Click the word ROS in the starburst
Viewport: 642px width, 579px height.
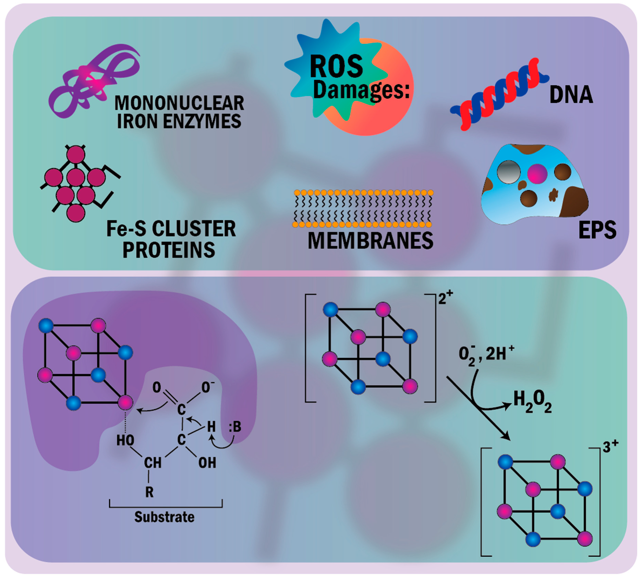[x=336, y=67]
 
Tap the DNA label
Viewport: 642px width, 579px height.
[x=571, y=95]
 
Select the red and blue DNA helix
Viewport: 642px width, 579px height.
[x=499, y=94]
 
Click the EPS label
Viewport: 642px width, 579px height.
[x=597, y=230]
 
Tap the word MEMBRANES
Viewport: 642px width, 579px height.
[x=370, y=241]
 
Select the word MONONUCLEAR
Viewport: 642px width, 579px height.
[x=179, y=103]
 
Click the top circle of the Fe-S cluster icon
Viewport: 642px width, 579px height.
[x=76, y=154]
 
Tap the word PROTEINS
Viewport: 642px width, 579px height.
[x=169, y=250]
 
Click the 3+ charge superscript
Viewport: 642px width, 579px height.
[x=610, y=447]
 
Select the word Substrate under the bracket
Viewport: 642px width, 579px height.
[x=164, y=517]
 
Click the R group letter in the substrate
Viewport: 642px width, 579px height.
[x=149, y=492]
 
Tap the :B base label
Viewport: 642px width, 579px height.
[x=235, y=427]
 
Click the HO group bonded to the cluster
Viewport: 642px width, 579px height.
[x=125, y=440]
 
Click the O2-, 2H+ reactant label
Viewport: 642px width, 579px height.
[x=486, y=354]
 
